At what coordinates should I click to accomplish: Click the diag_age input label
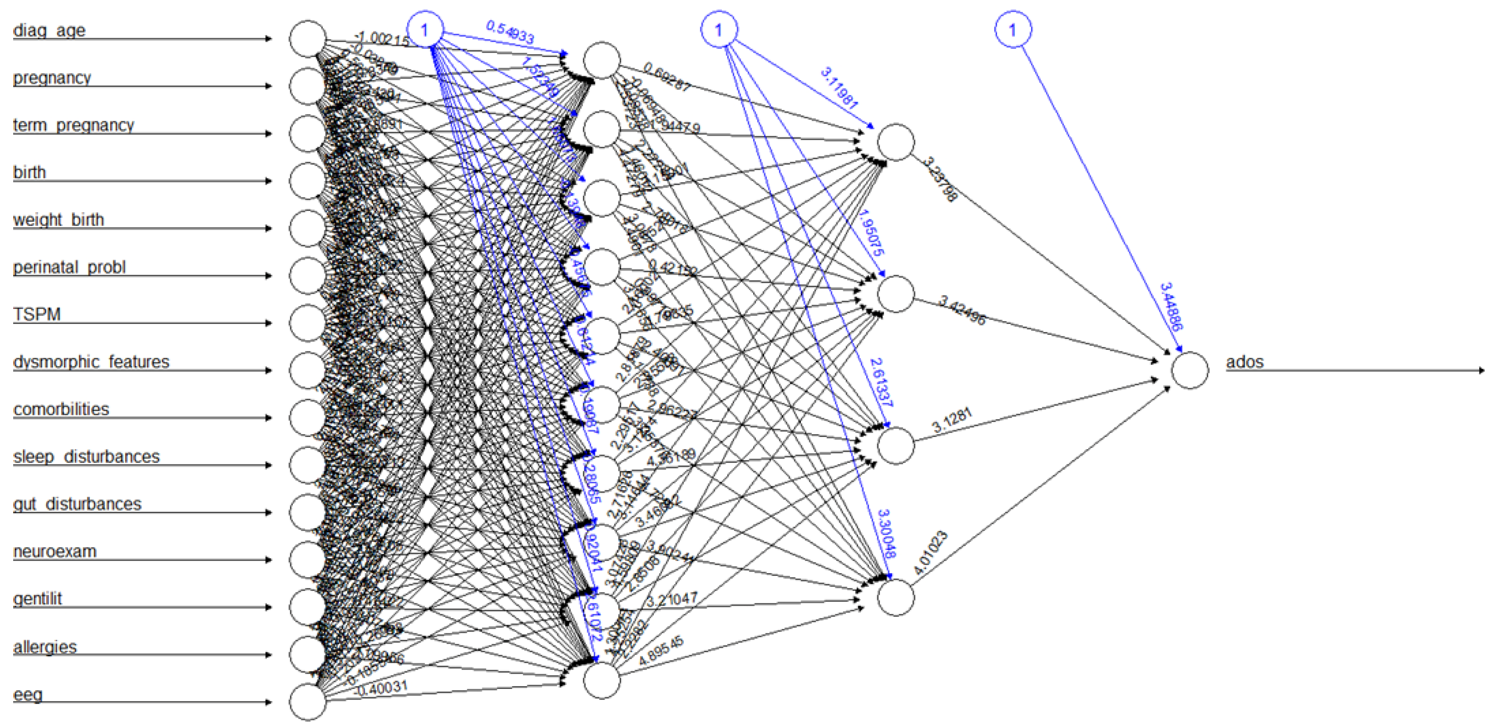[x=49, y=30]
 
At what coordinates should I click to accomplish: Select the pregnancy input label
[x=52, y=78]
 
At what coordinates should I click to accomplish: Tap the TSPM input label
[x=36, y=314]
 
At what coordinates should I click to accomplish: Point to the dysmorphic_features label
[x=91, y=362]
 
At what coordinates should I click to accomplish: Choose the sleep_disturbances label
[x=86, y=457]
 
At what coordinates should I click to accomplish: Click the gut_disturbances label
[x=77, y=504]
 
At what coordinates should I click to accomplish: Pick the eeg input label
[x=28, y=694]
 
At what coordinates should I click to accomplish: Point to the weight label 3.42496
[x=961, y=310]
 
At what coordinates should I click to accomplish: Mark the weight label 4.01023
[x=930, y=552]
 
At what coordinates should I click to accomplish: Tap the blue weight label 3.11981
[x=839, y=88]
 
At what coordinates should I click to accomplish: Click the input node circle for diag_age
[x=307, y=39]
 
